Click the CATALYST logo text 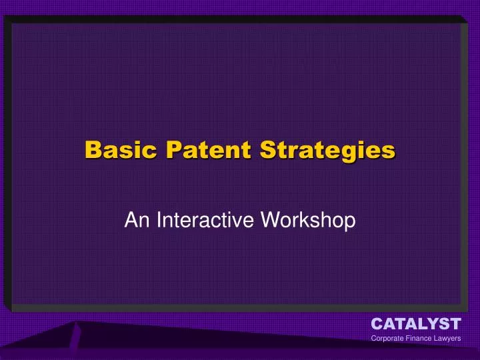pyautogui.click(x=415, y=324)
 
